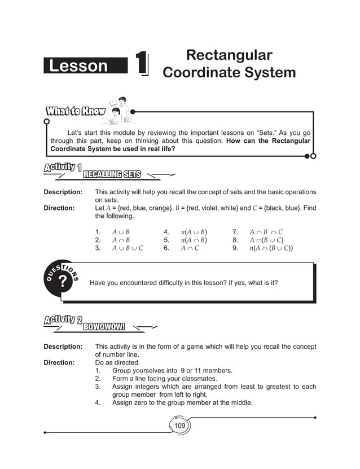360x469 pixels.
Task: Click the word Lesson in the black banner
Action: pyautogui.click(x=78, y=66)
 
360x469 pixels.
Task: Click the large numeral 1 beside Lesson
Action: pyautogui.click(x=142, y=63)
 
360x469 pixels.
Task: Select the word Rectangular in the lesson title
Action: pyautogui.click(x=229, y=55)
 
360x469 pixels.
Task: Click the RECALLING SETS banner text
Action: pyautogui.click(x=112, y=174)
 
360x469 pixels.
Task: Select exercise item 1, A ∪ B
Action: pyautogui.click(x=121, y=232)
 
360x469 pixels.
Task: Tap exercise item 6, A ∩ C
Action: pyautogui.click(x=190, y=248)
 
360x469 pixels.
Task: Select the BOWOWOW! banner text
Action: pyautogui.click(x=104, y=327)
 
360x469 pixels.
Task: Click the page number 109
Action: pyautogui.click(x=179, y=425)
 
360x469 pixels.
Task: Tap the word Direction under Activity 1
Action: pyautogui.click(x=59, y=208)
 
